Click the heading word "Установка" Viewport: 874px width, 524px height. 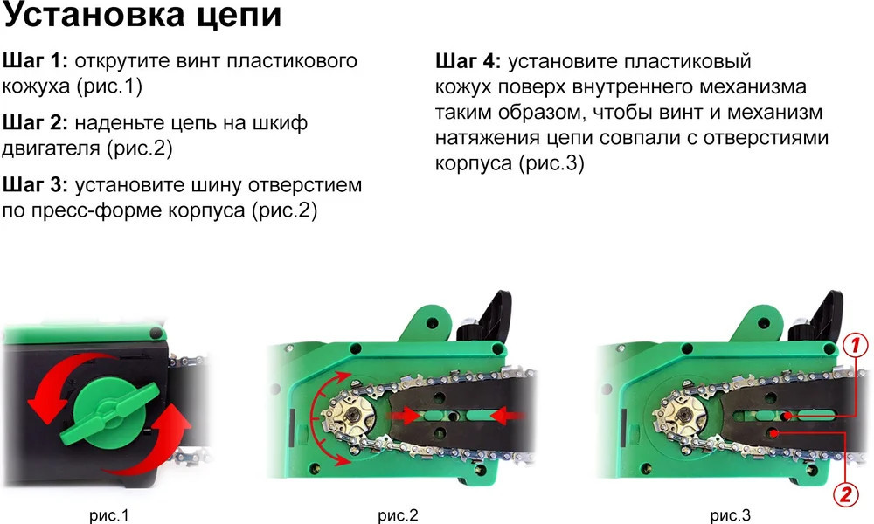tap(94, 15)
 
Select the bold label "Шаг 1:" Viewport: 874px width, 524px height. tap(35, 61)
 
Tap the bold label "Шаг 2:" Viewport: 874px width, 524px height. tap(35, 122)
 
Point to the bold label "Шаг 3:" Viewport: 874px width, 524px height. tap(35, 185)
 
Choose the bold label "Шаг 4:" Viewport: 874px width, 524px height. tap(468, 61)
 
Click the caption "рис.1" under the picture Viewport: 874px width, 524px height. tap(108, 515)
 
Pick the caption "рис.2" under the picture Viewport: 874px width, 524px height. tap(398, 515)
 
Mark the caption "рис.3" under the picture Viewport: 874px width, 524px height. tap(730, 515)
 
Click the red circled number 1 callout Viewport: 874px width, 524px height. tap(855, 345)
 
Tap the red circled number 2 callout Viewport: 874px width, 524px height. tap(845, 494)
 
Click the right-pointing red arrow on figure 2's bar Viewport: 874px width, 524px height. tap(405, 416)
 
